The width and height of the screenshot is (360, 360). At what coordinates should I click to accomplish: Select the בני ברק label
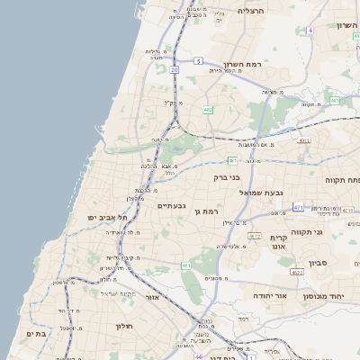228,177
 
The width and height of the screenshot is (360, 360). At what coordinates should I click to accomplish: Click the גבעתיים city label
171,206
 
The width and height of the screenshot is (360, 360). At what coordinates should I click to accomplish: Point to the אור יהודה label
269,295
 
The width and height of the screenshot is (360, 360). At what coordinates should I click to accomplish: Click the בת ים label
35,333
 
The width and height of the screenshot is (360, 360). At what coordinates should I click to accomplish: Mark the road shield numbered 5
197,60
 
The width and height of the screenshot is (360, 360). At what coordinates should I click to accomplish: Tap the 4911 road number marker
304,140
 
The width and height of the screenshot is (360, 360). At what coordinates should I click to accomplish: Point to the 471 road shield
298,208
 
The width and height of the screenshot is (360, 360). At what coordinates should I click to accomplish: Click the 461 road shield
184,265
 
